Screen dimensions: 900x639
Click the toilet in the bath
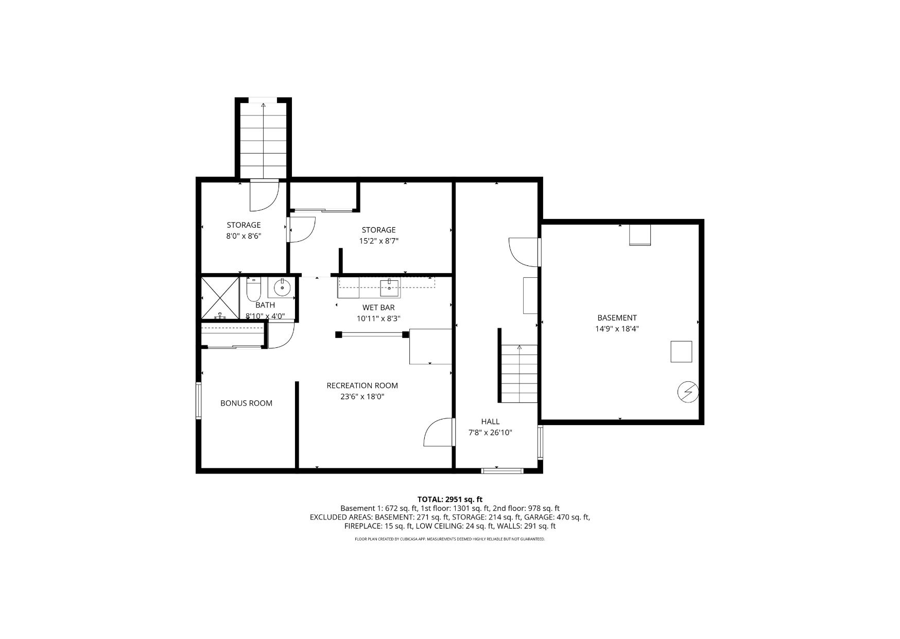(253, 290)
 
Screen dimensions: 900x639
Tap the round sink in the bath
(282, 287)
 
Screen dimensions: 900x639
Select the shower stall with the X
(220, 298)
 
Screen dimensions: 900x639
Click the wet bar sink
(389, 288)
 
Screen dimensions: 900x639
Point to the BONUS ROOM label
(246, 403)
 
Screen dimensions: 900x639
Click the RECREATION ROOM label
(362, 385)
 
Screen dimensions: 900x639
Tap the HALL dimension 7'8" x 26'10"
(490, 433)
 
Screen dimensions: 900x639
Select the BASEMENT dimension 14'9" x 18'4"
(617, 329)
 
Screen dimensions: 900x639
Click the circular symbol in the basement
(687, 392)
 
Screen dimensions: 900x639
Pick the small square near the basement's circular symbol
(681, 351)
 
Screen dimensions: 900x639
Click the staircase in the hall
(520, 373)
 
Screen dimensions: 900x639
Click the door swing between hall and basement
(524, 252)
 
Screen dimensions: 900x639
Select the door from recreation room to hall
(438, 432)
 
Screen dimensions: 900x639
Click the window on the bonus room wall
(198, 400)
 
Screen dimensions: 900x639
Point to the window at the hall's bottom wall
(502, 470)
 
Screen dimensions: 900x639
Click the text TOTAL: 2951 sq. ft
(449, 499)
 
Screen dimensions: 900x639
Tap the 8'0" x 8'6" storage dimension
(244, 237)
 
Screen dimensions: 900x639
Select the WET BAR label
(378, 308)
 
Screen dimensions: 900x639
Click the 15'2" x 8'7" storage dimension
(379, 241)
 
